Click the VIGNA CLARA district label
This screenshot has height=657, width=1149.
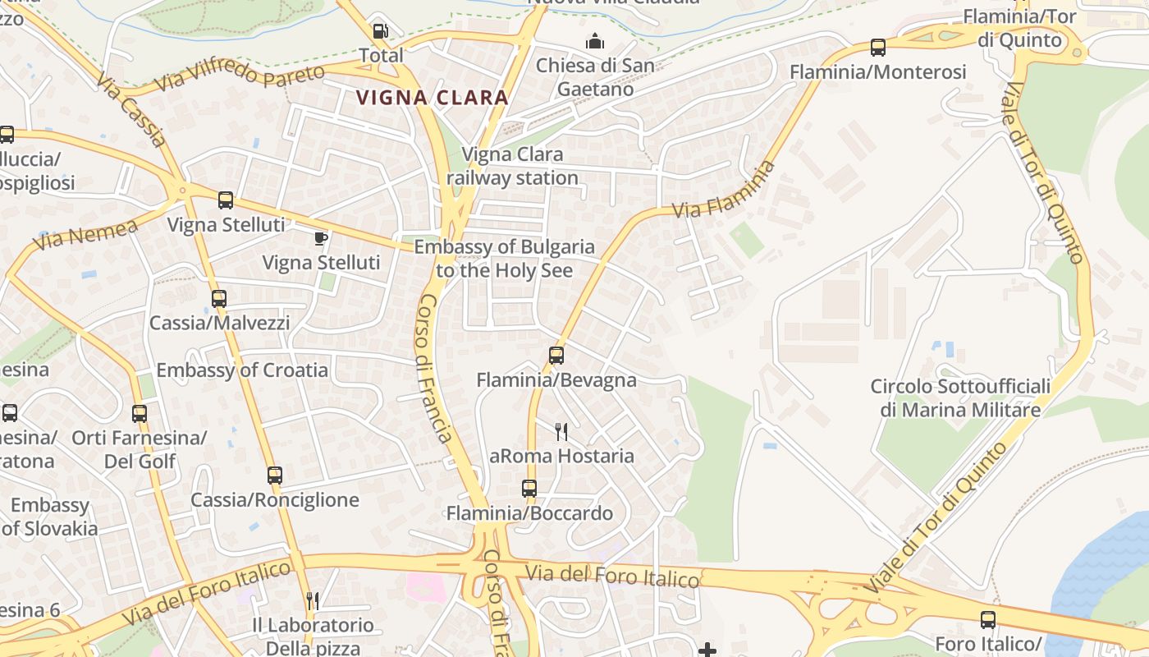tap(432, 98)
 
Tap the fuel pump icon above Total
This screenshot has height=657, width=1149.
tap(381, 31)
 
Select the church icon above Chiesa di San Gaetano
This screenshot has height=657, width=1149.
tap(595, 41)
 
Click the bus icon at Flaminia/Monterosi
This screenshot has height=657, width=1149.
tap(878, 48)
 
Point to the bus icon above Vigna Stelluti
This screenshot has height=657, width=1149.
tap(226, 200)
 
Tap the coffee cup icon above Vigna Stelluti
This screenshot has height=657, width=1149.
tap(321, 239)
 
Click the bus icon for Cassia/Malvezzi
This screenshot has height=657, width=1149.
tap(219, 299)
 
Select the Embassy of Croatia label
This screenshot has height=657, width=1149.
tap(242, 370)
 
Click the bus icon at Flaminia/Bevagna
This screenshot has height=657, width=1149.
tap(556, 356)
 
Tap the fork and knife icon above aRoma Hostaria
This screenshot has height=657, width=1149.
tap(561, 432)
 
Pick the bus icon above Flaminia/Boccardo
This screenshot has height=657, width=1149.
tap(529, 489)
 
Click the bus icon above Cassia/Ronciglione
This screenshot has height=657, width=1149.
tap(275, 476)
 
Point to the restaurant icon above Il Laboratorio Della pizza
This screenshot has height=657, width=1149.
tap(312, 601)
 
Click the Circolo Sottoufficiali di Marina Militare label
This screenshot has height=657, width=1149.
tap(960, 397)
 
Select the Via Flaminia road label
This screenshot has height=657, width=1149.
tap(724, 190)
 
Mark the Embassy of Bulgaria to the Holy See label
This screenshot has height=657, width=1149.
tap(504, 258)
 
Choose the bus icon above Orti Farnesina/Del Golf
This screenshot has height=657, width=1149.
tap(140, 414)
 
